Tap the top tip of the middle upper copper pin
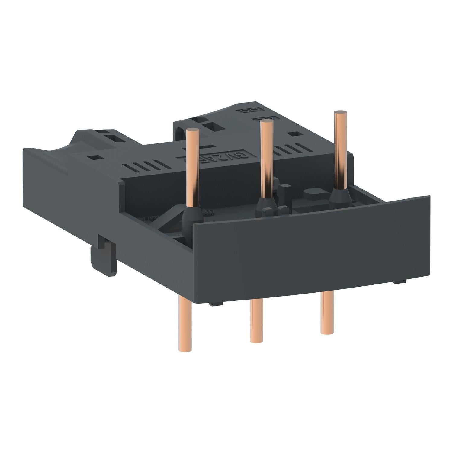coord(267,122)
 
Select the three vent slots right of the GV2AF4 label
coord(285,149)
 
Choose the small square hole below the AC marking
coord(292,133)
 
